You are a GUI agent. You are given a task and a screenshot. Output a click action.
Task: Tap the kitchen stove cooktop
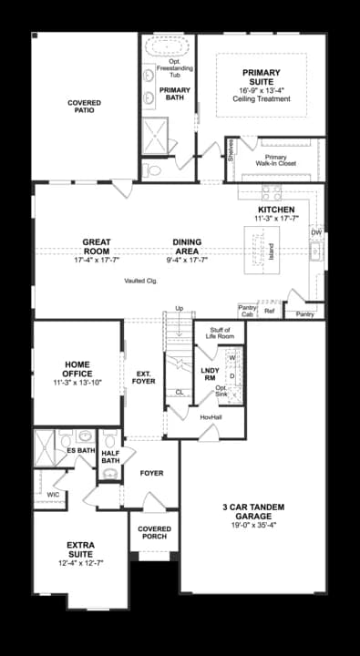[x=272, y=192]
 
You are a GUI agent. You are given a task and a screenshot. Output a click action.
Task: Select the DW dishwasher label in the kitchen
[x=316, y=232]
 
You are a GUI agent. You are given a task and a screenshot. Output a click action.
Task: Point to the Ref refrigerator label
[x=269, y=312]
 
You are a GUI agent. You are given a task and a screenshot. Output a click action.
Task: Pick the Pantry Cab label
[x=247, y=312]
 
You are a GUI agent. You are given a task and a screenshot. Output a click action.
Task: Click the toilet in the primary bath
[x=153, y=170]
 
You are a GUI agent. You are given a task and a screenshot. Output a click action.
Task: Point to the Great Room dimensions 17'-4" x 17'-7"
[x=97, y=261]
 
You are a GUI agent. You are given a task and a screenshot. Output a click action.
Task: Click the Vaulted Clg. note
[x=141, y=282]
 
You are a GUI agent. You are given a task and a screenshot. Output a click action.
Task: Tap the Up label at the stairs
[x=179, y=308]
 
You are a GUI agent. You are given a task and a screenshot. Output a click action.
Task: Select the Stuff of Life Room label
[x=221, y=333]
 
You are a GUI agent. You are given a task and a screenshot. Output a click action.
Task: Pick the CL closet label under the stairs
[x=180, y=392]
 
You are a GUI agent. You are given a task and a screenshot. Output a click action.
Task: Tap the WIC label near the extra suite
[x=52, y=494]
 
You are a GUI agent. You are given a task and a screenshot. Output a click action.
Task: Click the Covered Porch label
[x=154, y=533]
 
